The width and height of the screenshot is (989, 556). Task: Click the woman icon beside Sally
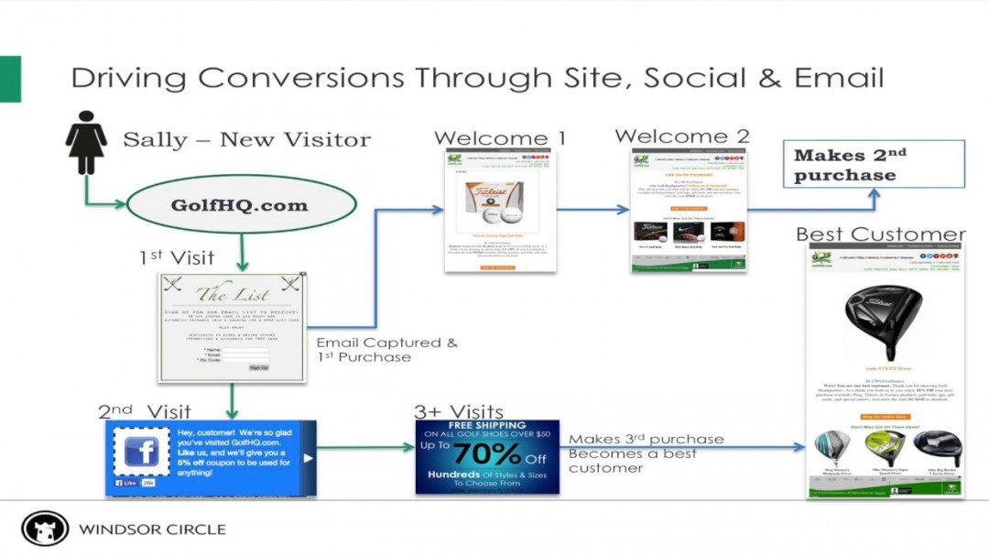[87, 141]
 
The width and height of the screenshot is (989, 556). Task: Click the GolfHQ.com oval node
[240, 204]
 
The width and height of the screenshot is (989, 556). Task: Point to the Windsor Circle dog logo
[45, 529]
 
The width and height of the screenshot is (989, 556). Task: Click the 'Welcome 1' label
[499, 138]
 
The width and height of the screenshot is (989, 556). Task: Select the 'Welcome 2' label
[682, 136]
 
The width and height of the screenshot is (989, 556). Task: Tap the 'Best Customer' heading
[880, 234]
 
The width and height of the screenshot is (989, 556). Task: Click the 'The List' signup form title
[232, 294]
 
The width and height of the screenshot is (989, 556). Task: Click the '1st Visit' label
[177, 258]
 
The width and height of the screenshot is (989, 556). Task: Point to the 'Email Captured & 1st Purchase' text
[386, 350]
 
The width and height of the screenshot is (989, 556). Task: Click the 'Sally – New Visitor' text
[247, 140]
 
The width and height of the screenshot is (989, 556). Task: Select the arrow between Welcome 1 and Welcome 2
[593, 210]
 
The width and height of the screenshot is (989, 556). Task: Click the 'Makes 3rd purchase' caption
[646, 440]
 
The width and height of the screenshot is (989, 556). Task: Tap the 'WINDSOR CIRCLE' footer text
[152, 529]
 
